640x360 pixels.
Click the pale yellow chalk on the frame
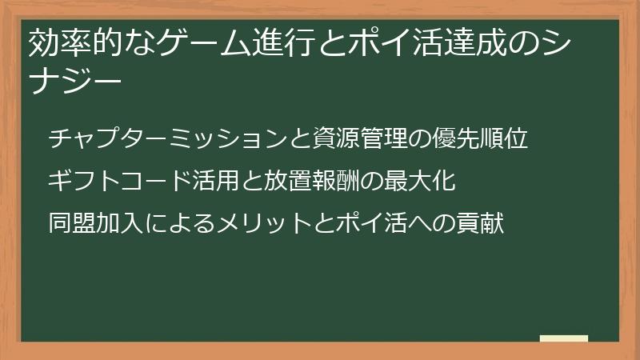(564, 338)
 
